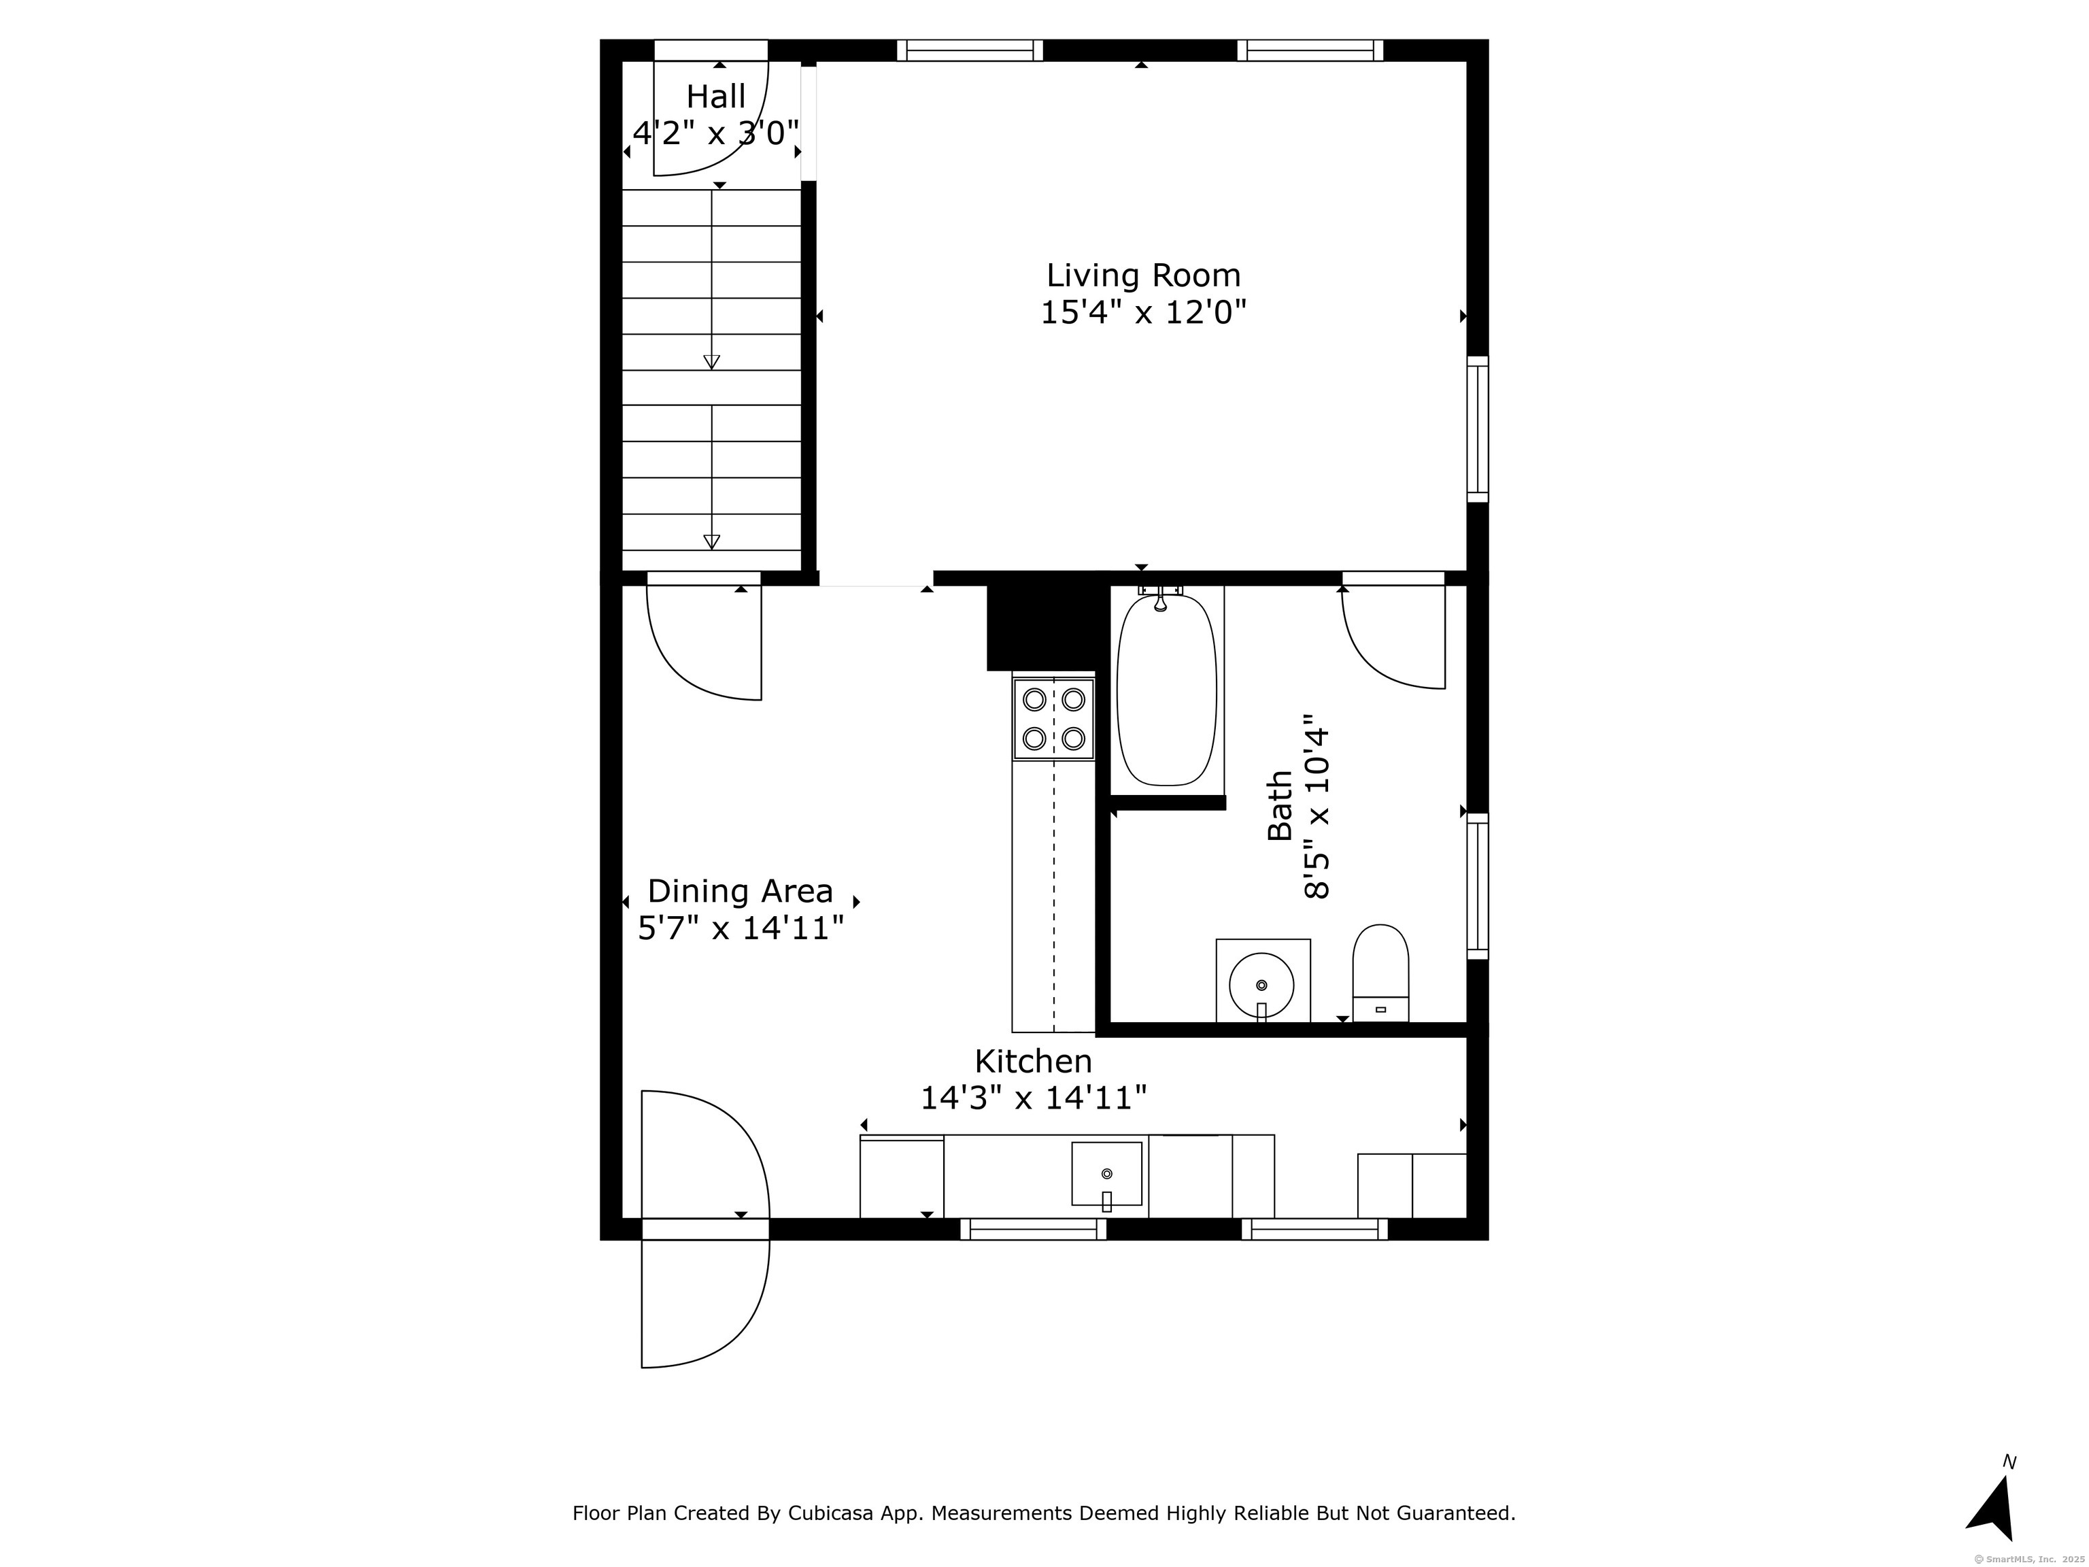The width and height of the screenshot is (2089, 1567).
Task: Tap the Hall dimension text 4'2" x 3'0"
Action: coord(716,133)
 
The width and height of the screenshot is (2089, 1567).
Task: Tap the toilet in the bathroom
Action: coord(1380,973)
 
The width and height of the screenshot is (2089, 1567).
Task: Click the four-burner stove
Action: coord(1054,719)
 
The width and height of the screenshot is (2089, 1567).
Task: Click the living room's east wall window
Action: coord(1477,430)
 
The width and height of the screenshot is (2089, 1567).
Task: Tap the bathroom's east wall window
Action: coord(1477,886)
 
